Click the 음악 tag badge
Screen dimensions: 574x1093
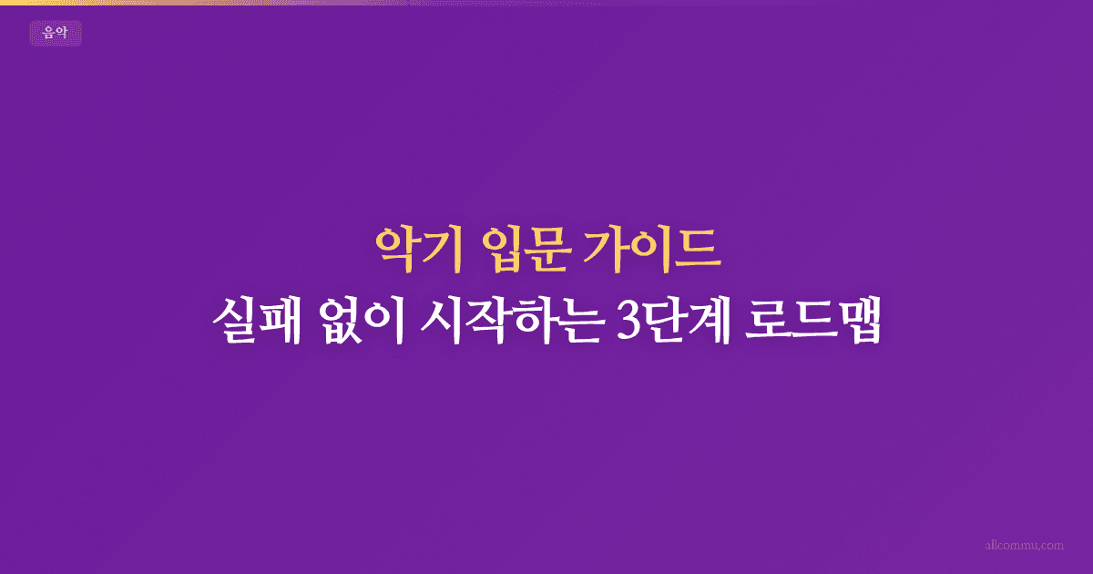[x=56, y=34]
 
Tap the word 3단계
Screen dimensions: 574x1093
[x=673, y=323]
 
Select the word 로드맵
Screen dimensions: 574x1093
[x=814, y=323]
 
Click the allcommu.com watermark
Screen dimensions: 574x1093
[x=1025, y=545]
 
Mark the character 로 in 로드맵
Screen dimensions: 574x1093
[x=768, y=323]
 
